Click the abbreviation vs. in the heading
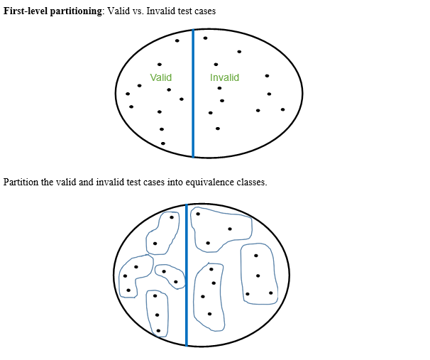pyautogui.click(x=137, y=12)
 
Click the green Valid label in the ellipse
pyautogui.click(x=161, y=77)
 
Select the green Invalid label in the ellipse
pyautogui.click(x=224, y=77)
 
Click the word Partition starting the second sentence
pyautogui.click(x=21, y=182)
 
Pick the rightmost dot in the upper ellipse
pyautogui.click(x=282, y=109)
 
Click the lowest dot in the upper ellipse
pyautogui.click(x=163, y=143)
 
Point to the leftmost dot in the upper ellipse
pyautogui.click(x=128, y=94)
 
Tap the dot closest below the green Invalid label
pyautogui.click(x=219, y=88)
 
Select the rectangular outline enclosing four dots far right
pyautogui.click(x=258, y=274)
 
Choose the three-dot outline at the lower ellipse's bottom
pyautogui.click(x=157, y=313)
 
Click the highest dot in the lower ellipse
pyautogui.click(x=198, y=213)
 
